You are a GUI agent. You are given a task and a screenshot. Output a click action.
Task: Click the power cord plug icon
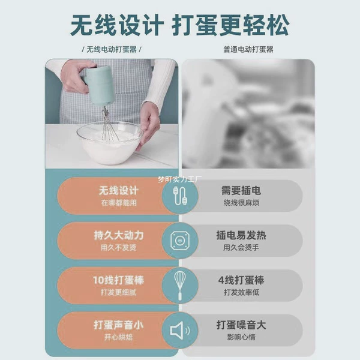(180, 196)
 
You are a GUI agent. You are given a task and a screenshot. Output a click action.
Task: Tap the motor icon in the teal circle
(180, 241)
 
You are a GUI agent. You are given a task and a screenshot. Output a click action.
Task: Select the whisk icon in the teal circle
(180, 286)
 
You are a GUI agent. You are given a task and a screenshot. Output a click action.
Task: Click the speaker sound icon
(180, 331)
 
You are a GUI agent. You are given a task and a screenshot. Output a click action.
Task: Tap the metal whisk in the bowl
(109, 125)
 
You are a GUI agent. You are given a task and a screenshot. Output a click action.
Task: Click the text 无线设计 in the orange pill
(118, 191)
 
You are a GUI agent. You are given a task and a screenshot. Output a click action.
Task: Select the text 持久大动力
(119, 236)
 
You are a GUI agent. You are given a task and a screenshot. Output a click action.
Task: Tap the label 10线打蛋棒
(118, 280)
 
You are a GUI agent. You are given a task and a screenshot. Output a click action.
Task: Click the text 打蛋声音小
(118, 325)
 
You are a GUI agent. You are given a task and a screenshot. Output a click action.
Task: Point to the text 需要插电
(241, 191)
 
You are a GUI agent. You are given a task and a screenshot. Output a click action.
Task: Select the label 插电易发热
(241, 235)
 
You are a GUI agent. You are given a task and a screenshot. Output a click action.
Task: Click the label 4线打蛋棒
(241, 280)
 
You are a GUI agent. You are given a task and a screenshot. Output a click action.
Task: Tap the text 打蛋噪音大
(241, 325)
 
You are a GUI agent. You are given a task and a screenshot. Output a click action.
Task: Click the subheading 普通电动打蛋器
(248, 49)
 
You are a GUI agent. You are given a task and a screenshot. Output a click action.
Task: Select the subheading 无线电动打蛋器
(112, 49)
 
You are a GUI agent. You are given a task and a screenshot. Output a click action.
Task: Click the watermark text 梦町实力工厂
(180, 179)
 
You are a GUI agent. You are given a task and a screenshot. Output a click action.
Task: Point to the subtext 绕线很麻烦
(241, 203)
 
